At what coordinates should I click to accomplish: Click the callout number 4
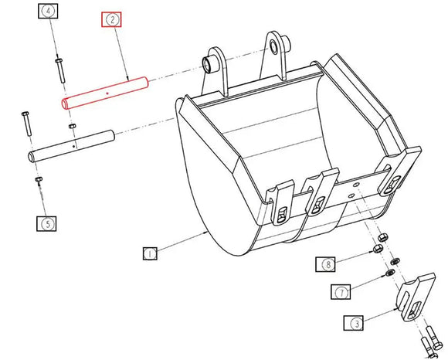(x=49, y=12)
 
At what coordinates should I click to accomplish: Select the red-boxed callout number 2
(x=112, y=19)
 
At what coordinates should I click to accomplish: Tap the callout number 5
(x=47, y=224)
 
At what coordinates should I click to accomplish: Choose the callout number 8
(x=328, y=264)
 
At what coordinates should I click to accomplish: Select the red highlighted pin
(x=104, y=92)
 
